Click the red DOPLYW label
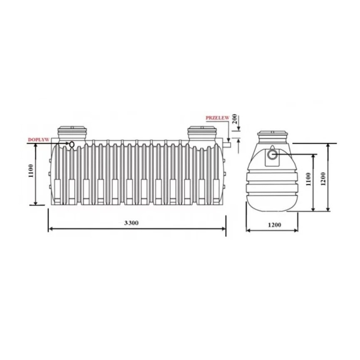point(39,139)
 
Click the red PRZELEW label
point(217,118)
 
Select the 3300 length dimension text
point(132,223)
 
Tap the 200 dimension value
point(235,119)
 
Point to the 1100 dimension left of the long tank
point(31,171)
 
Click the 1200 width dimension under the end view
point(274,225)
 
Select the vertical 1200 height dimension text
point(323,179)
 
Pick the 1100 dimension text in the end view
point(308,179)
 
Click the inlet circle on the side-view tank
point(72,144)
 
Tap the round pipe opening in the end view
point(273,154)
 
